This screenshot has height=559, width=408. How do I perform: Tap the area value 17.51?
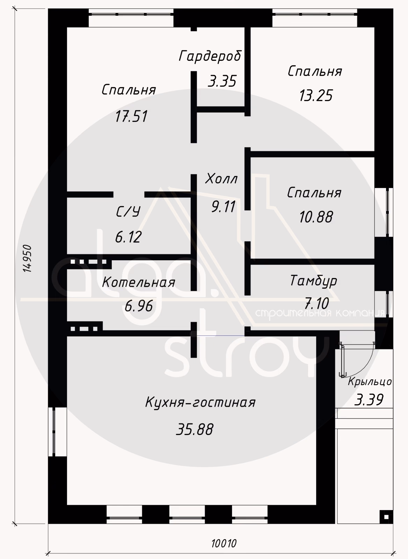pos(131,116)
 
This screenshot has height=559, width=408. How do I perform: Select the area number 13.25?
pos(316,95)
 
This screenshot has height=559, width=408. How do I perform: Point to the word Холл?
pos(221,179)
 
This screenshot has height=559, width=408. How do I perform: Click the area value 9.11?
pos(223,206)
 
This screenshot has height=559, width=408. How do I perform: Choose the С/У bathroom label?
pos(128,212)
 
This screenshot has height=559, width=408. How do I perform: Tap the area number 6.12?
pos(129,237)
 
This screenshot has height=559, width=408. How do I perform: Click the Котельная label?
pos(139,283)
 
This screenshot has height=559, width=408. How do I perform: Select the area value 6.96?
pos(138,306)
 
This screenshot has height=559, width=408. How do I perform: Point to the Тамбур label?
pos(314,281)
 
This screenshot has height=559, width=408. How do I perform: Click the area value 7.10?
pos(317,304)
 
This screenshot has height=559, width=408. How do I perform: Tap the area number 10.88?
pos(316,217)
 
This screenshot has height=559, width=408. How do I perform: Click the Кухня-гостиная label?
pos(201,402)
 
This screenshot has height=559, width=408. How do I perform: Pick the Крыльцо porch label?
pos(370,382)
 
